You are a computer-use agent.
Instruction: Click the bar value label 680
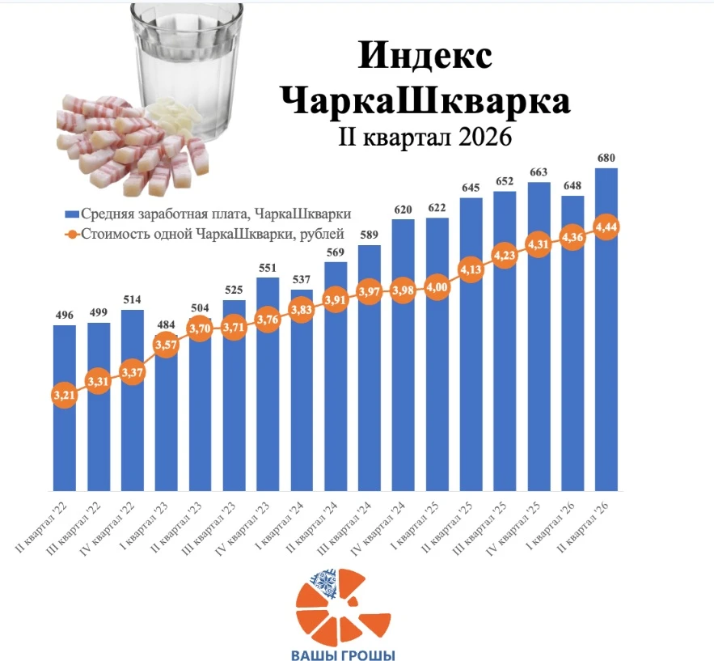[x=606, y=158]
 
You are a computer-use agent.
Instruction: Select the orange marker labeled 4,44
[x=606, y=227]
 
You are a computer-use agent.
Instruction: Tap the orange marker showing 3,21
[x=64, y=395]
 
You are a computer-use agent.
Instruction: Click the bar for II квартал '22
[x=64, y=408]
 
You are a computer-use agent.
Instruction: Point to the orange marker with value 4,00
[x=437, y=287]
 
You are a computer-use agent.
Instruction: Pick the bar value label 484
[x=166, y=324]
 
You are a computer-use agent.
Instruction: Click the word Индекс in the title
[x=425, y=56]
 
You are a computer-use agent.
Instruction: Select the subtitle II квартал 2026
[x=425, y=137]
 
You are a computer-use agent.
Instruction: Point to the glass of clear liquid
[x=187, y=68]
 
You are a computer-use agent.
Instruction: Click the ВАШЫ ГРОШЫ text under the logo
[x=343, y=655]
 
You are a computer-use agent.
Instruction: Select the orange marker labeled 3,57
[x=166, y=345]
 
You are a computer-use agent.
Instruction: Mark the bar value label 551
[x=268, y=268]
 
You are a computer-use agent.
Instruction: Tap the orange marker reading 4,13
[x=471, y=269]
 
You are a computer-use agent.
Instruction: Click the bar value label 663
[x=539, y=172]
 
